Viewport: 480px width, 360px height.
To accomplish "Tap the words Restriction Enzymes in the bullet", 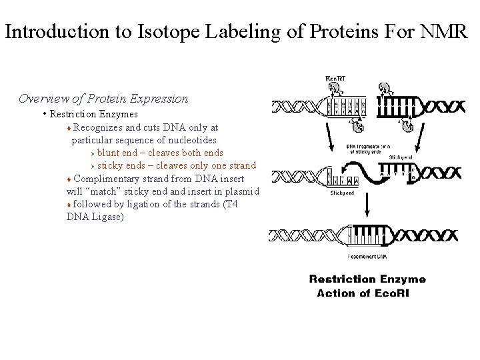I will click(x=93, y=114).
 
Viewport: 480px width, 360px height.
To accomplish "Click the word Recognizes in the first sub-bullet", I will click(x=100, y=127).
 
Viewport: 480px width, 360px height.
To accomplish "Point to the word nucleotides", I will click(x=192, y=140).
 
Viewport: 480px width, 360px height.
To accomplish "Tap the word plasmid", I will click(x=243, y=191).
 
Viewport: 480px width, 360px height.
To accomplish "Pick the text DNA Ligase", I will click(x=95, y=217).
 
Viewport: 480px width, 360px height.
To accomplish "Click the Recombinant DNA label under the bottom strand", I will click(x=367, y=256).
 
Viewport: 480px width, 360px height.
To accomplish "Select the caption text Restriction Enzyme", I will click(x=367, y=279).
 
